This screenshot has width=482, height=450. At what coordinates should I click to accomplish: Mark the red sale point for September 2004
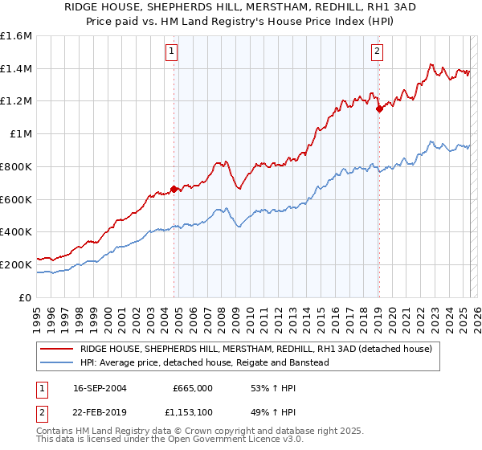point(174,190)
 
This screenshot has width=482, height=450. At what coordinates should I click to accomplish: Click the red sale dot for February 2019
point(378,109)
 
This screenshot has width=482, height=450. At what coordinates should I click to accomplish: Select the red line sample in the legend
point(57,349)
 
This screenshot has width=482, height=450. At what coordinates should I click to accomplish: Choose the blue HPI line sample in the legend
point(57,362)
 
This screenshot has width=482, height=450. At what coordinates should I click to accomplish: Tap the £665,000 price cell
point(193,387)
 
